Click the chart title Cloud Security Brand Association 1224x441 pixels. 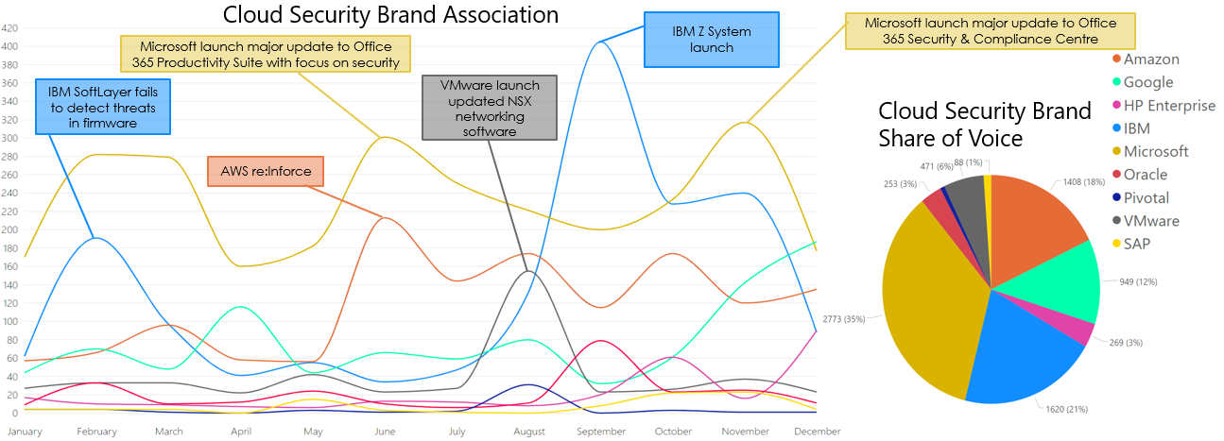(390, 15)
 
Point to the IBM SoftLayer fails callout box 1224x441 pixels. (103, 107)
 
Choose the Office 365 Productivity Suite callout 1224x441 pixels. (268, 54)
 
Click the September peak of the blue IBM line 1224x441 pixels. (600, 42)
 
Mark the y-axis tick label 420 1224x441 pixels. (9, 28)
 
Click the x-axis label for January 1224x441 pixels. (25, 432)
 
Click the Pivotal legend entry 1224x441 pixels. (1139, 197)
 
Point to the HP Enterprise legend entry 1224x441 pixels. (1161, 105)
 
